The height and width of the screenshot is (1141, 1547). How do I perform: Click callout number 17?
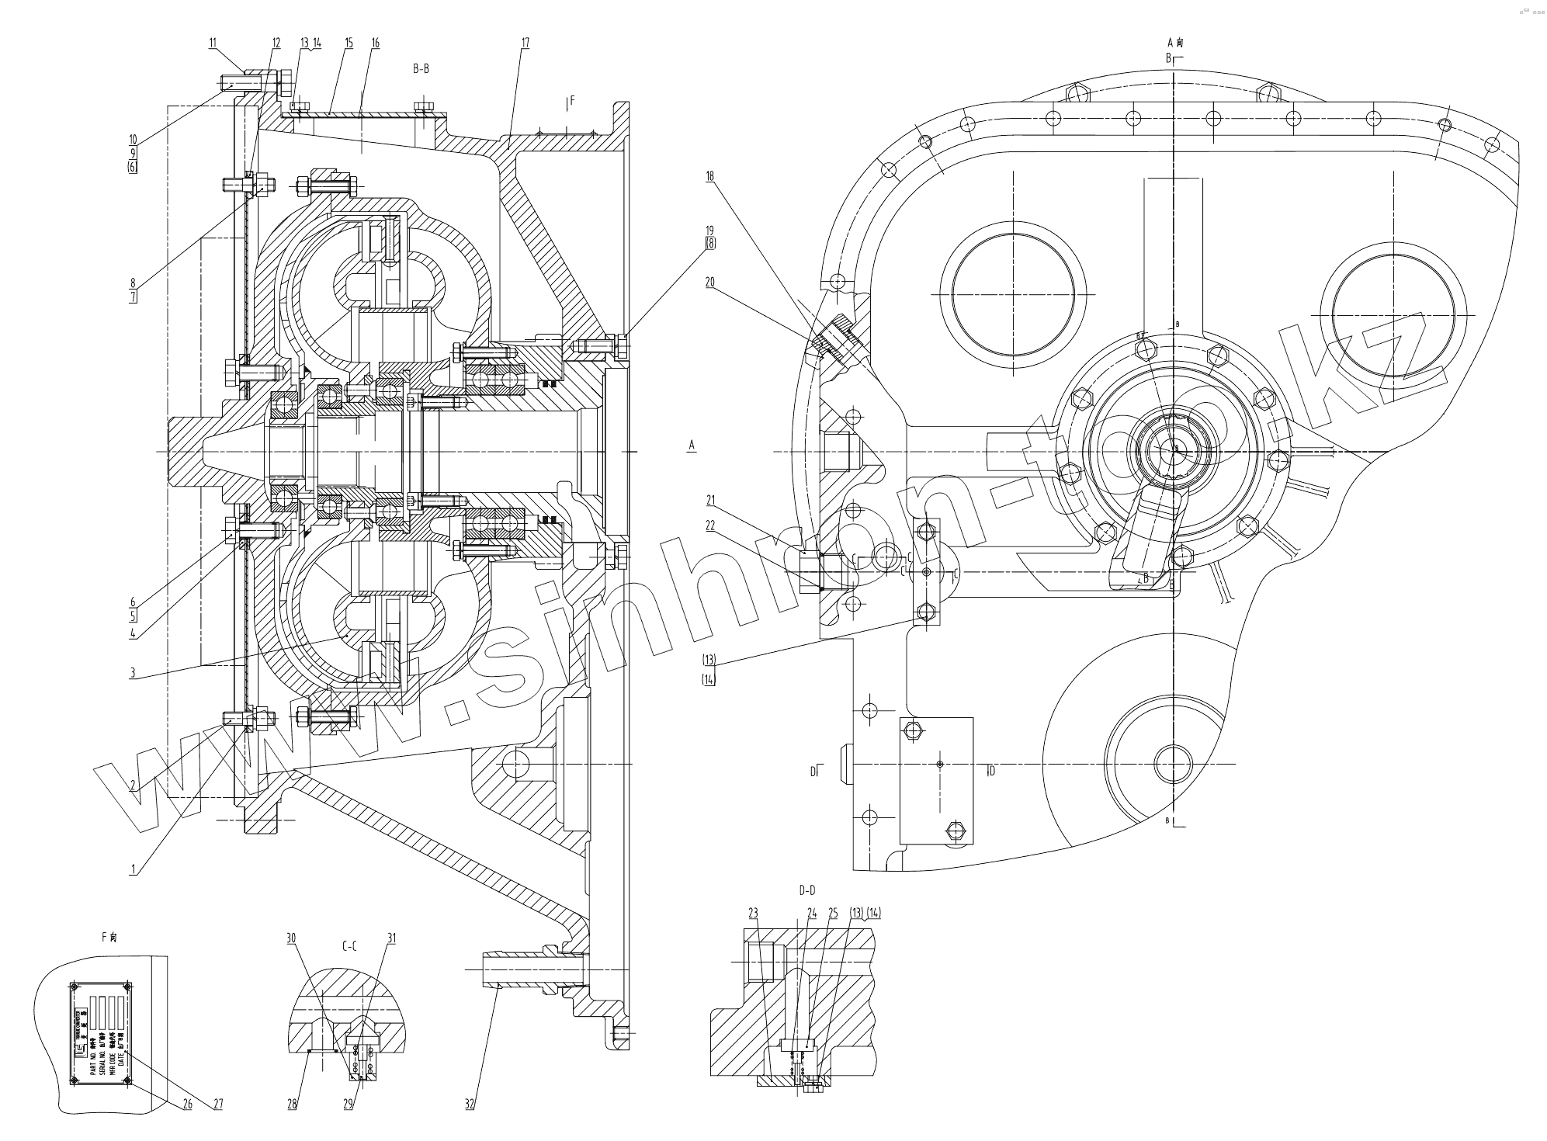(x=525, y=43)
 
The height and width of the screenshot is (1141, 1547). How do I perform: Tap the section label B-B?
(x=421, y=69)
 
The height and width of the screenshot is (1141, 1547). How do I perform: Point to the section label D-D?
(x=806, y=890)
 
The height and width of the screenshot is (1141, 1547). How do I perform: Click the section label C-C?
(x=349, y=946)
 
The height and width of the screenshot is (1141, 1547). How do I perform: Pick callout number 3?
(x=133, y=673)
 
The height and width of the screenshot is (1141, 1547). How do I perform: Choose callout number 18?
(x=709, y=176)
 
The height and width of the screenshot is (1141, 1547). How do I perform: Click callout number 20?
(x=709, y=283)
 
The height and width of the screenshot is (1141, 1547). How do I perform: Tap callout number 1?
(x=134, y=870)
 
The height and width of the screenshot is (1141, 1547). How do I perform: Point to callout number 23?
(x=753, y=914)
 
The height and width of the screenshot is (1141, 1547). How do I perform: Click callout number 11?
(x=213, y=43)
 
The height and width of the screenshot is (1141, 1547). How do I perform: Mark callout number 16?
(x=376, y=43)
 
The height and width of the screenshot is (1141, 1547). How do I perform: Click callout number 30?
(x=292, y=938)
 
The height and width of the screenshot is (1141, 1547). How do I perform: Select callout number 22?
(x=709, y=525)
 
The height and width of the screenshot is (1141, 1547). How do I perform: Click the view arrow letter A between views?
(x=691, y=445)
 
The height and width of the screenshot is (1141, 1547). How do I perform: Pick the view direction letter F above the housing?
(x=572, y=101)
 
